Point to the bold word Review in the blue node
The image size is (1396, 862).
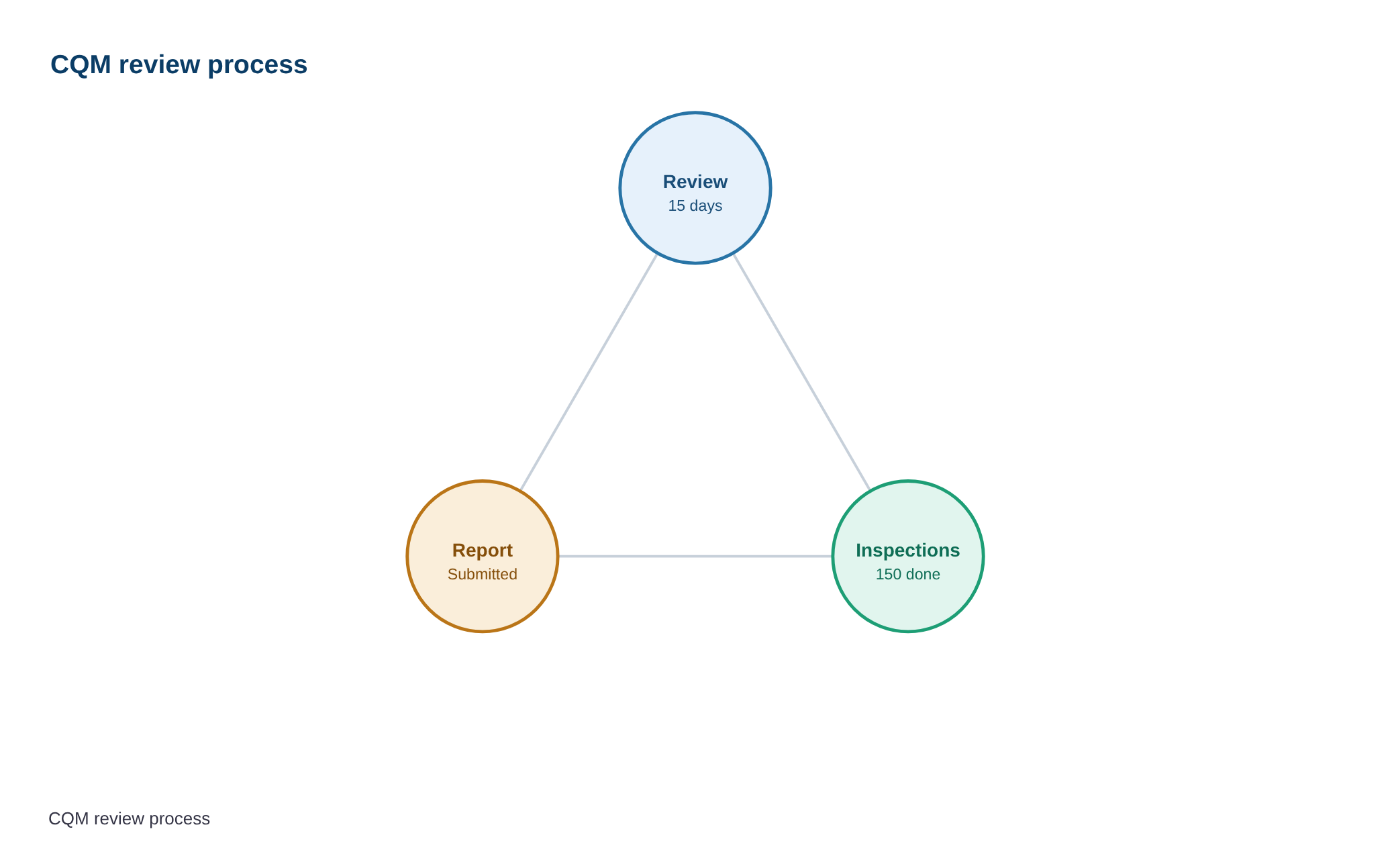coord(695,182)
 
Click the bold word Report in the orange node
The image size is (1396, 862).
coord(483,550)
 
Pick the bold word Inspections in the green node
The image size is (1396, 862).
coord(908,550)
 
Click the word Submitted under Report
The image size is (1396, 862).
coord(483,575)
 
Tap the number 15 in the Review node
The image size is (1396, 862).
coord(677,206)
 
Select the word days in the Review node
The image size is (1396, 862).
coord(705,206)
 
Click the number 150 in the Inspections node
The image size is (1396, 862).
coord(889,575)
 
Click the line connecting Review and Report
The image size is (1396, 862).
coord(589,372)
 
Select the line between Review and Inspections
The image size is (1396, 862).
coord(802,372)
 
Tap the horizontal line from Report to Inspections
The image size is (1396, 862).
coord(695,557)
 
